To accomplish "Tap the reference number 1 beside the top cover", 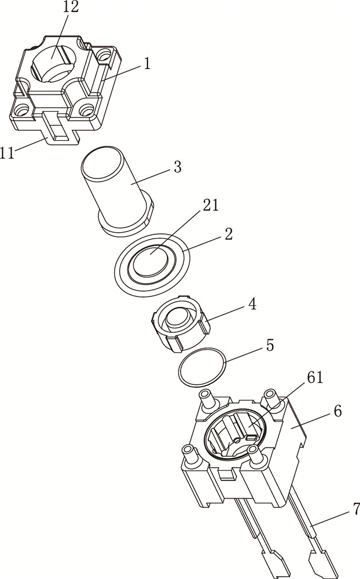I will click(147, 64).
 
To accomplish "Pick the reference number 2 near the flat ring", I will click(228, 234).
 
